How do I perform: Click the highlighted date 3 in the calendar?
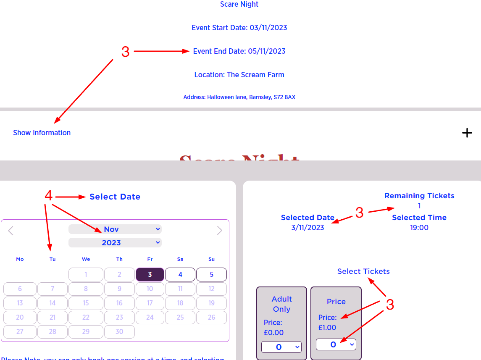[150, 274]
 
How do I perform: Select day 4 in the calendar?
[180, 274]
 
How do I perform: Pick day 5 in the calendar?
[211, 274]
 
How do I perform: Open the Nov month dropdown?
[115, 229]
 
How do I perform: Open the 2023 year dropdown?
[115, 242]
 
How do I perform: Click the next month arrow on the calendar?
[219, 230]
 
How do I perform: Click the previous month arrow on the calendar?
[11, 230]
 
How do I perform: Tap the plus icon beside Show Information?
[467, 133]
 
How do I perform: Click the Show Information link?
[42, 133]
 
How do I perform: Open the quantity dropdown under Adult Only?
[281, 347]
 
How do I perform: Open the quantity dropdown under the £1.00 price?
[336, 344]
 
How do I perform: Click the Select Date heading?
[115, 197]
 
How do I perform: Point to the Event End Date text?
[239, 51]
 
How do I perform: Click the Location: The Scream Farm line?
[239, 75]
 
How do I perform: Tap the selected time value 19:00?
[419, 228]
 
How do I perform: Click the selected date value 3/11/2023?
[308, 228]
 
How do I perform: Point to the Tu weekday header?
[53, 259]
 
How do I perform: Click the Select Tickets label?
[363, 271]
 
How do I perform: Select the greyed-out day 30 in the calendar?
[119, 331]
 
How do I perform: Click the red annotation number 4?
[49, 196]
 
